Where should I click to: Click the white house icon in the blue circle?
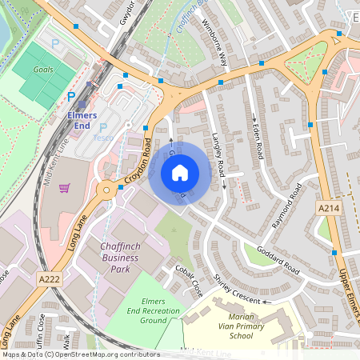[179, 172]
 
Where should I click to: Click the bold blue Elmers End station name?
[77, 120]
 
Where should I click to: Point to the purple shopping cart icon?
[65, 188]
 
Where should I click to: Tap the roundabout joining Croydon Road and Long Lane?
[106, 191]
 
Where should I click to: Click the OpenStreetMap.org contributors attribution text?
[104, 354]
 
